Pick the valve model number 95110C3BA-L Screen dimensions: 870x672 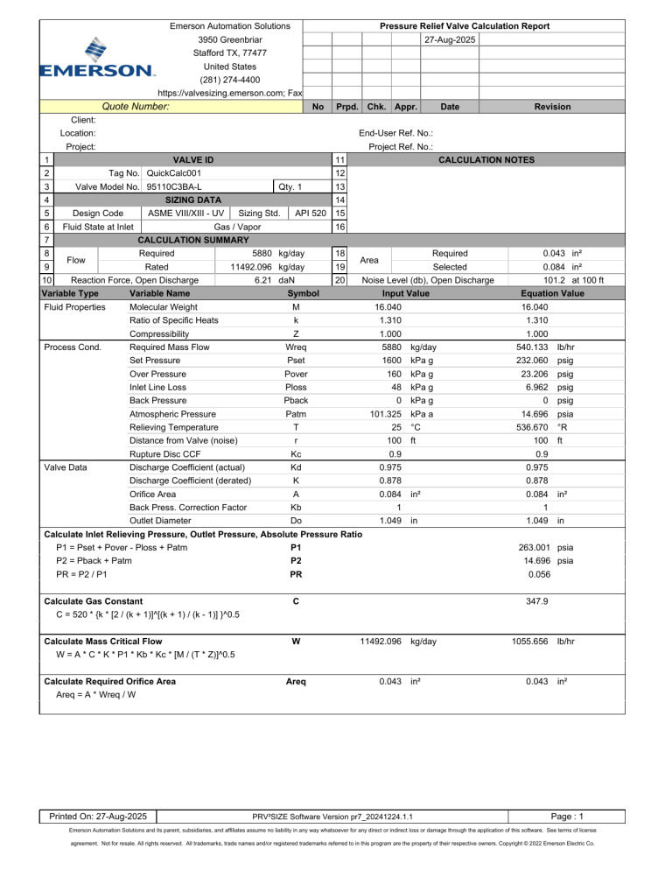(x=174, y=186)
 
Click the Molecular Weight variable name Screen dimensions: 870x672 (x=162, y=307)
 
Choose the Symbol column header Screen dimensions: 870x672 (x=303, y=293)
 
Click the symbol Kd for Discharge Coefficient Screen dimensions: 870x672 (x=297, y=468)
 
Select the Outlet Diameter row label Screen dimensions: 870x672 (x=160, y=521)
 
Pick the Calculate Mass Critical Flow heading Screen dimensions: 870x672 (x=101, y=642)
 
